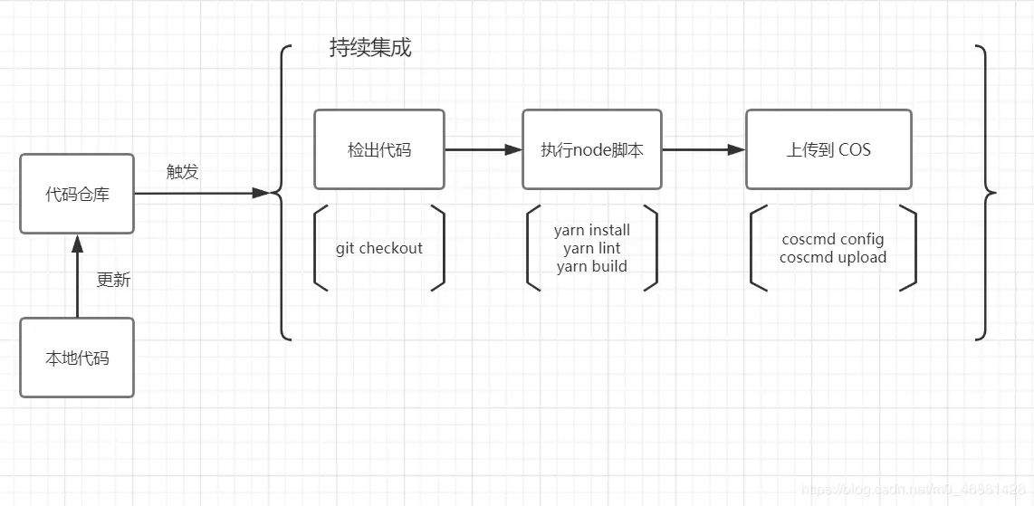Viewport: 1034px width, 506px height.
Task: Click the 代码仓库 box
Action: [77, 194]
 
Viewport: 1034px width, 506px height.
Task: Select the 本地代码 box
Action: [77, 358]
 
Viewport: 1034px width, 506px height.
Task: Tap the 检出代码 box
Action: [378, 149]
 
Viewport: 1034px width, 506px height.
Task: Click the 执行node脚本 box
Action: [592, 149]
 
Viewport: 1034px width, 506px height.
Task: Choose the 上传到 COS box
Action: [828, 149]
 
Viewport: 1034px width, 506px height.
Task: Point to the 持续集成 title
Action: [370, 48]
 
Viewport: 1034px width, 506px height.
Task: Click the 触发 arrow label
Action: [182, 172]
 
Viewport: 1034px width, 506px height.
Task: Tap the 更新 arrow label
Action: [113, 280]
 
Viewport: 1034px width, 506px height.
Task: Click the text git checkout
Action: [378, 248]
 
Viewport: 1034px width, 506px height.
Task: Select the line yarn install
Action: [592, 230]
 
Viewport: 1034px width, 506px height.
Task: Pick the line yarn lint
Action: [592, 248]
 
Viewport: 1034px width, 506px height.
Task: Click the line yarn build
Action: [592, 266]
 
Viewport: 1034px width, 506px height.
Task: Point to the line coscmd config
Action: [833, 240]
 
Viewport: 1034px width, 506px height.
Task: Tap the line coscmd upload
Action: [833, 257]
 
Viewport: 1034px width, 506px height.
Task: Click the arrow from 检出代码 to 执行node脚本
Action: [483, 149]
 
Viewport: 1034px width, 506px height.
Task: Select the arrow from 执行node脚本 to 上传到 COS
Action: [704, 149]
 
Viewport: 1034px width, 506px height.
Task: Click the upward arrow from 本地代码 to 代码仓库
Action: [77, 276]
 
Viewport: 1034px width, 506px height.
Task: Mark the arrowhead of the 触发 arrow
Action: [262, 193]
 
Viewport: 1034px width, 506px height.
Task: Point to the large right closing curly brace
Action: [985, 193]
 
